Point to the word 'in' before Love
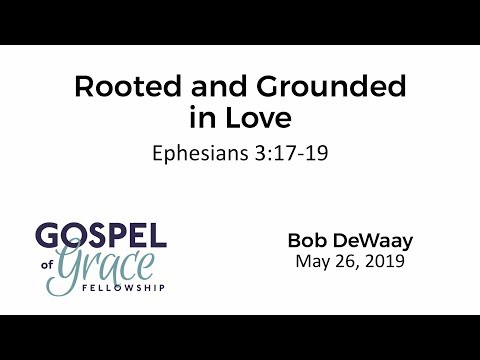pyautogui.click(x=201, y=118)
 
